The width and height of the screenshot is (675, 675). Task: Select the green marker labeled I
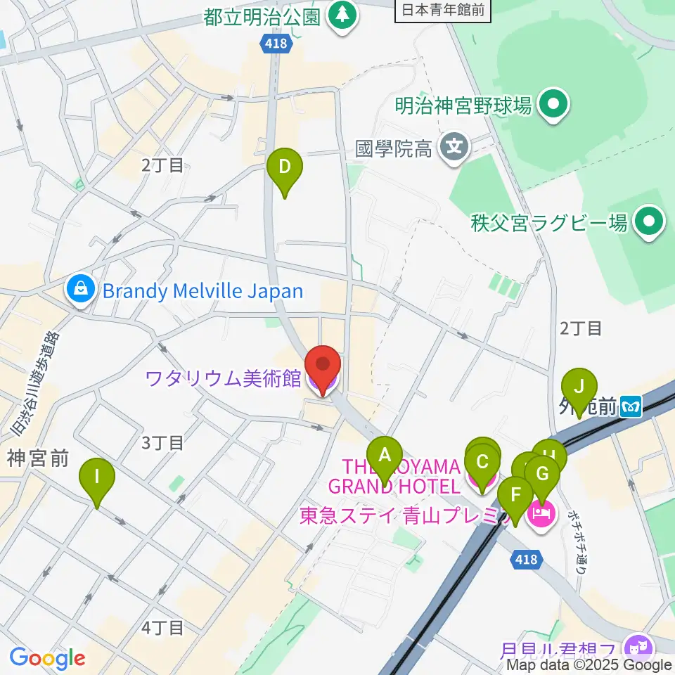tap(96, 480)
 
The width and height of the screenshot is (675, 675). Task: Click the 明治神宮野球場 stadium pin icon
tap(553, 106)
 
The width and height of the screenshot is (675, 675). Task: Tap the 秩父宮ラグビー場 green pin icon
tap(648, 224)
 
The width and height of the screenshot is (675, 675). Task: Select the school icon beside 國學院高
tap(455, 148)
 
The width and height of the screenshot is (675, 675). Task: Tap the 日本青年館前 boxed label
tap(442, 10)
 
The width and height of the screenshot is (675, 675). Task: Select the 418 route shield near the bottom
tap(525, 559)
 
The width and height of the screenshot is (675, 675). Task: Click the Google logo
tap(47, 658)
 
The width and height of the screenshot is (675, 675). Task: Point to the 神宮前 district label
tap(38, 458)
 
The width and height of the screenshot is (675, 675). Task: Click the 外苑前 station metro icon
tap(633, 406)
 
